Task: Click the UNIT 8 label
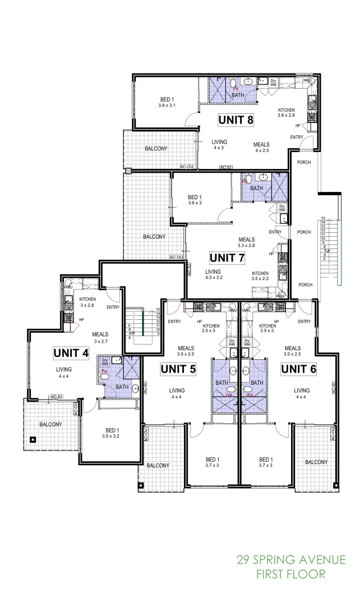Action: pos(235,120)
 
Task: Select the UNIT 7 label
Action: pos(227,258)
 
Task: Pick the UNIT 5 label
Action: pos(178,369)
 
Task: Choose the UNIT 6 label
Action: pos(298,369)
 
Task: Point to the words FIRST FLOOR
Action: pos(290,574)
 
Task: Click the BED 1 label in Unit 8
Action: pos(167,99)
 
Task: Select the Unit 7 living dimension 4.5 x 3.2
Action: pos(214,277)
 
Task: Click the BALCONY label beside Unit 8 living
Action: pos(156,149)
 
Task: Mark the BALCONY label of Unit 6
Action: pos(316,462)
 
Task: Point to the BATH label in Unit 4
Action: pos(122,387)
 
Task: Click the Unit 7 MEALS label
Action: pos(246,239)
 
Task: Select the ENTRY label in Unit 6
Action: pos(304,322)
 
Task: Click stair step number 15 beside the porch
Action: pos(323,218)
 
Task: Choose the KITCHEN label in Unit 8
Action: pos(286,110)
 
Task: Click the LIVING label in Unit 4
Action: pos(63,369)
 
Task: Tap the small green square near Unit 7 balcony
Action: pos(128,171)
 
